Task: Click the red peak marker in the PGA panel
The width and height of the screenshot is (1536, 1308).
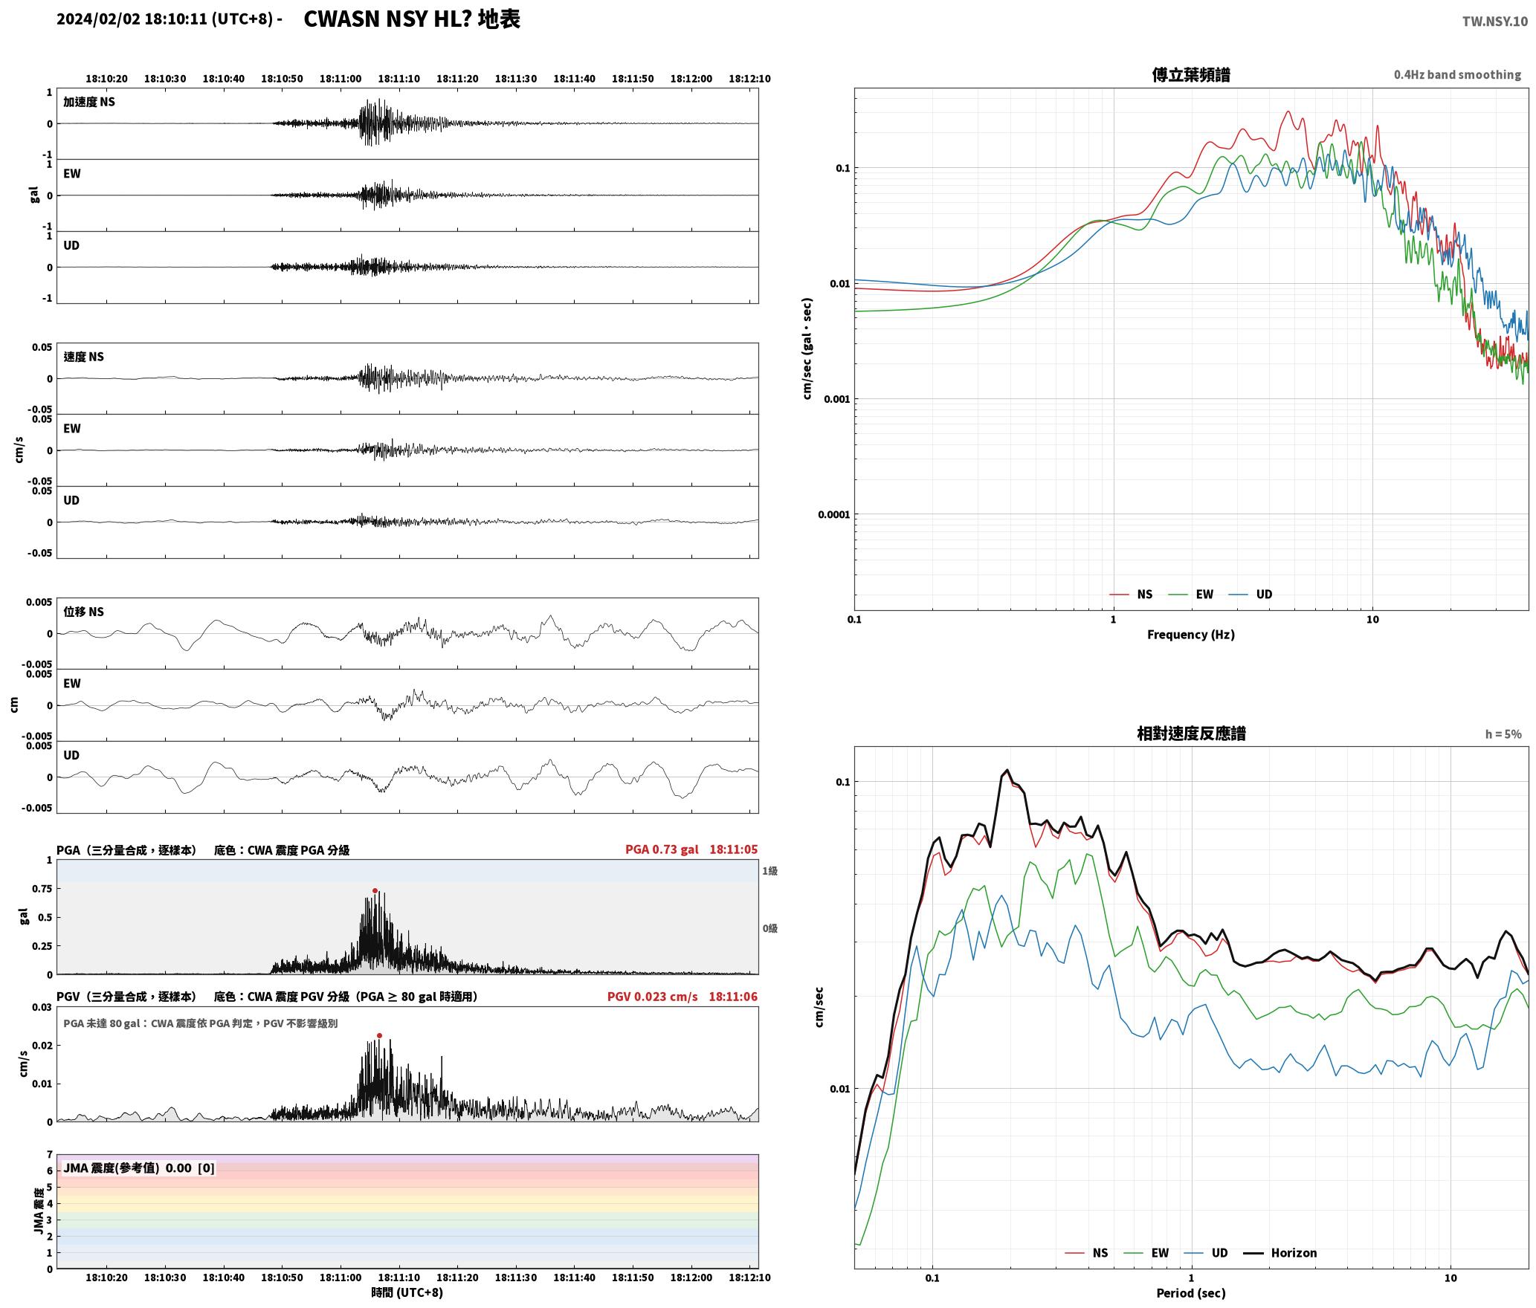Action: pyautogui.click(x=375, y=890)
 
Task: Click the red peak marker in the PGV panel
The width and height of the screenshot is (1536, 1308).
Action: pyautogui.click(x=379, y=1035)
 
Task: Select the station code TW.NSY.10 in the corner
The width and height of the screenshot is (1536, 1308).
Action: pyautogui.click(x=1494, y=22)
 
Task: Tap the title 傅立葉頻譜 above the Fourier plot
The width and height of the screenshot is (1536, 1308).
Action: pyautogui.click(x=1191, y=74)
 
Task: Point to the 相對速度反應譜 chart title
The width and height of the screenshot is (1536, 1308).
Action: pyautogui.click(x=1191, y=734)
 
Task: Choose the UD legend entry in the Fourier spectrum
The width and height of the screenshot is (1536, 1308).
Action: pyautogui.click(x=1250, y=595)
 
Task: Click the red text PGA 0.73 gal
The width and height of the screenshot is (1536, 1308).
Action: pyautogui.click(x=662, y=849)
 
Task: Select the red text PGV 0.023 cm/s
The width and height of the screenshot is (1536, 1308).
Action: pyautogui.click(x=653, y=997)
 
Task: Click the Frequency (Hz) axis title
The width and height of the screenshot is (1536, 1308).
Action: pyautogui.click(x=1191, y=635)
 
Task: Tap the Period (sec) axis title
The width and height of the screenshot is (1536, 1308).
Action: pyautogui.click(x=1191, y=1293)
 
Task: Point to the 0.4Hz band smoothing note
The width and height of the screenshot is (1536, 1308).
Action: pyautogui.click(x=1457, y=75)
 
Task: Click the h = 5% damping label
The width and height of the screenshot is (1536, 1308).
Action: pyautogui.click(x=1503, y=734)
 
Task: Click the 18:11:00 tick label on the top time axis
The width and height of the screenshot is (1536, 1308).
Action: pyautogui.click(x=341, y=79)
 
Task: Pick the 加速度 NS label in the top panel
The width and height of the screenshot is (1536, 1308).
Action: pyautogui.click(x=89, y=102)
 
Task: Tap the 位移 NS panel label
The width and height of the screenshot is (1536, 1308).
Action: pyautogui.click(x=84, y=612)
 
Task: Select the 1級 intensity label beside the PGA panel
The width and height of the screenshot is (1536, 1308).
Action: pyautogui.click(x=769, y=871)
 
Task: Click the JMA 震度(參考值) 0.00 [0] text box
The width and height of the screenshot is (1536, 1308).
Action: pyautogui.click(x=139, y=1168)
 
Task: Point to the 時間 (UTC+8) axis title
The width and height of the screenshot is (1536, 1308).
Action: pyautogui.click(x=407, y=1292)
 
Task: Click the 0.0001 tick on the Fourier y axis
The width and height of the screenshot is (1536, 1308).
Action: pyautogui.click(x=833, y=514)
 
